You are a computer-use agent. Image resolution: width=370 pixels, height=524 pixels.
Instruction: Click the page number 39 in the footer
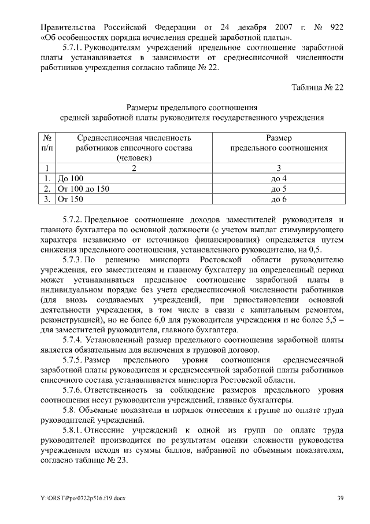tap(341, 498)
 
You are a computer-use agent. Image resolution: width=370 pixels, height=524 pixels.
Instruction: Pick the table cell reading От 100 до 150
tap(83, 189)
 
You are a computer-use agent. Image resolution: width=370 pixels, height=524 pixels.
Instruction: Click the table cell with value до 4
tap(279, 178)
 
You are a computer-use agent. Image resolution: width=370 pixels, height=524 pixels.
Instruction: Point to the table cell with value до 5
tap(279, 189)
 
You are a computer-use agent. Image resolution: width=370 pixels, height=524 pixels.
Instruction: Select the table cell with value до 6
tap(279, 199)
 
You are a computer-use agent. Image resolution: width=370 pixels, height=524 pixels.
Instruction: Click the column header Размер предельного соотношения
tap(279, 143)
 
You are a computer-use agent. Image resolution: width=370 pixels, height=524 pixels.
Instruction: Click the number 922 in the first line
tap(336, 27)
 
